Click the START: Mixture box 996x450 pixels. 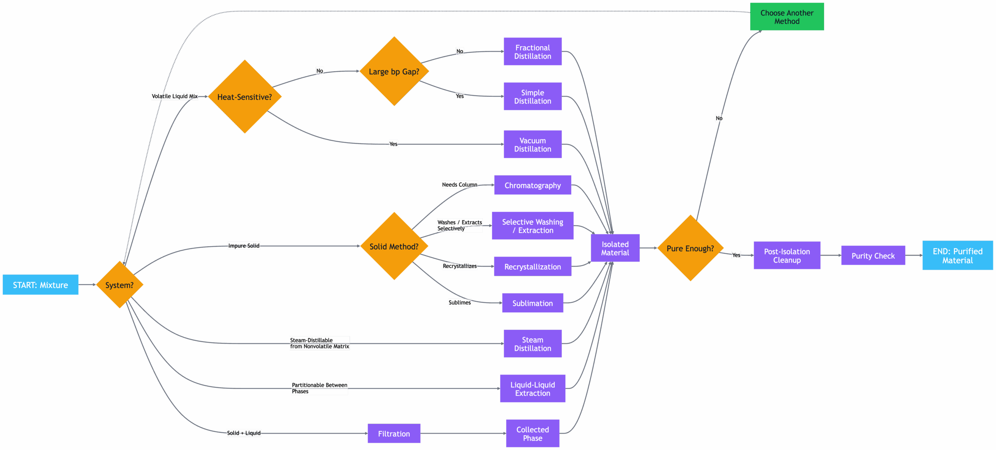40,285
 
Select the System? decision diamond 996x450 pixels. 119,285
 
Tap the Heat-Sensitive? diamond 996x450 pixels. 244,97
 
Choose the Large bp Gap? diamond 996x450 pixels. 394,72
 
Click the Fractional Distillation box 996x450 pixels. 532,52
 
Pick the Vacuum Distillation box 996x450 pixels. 532,145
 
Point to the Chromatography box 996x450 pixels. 532,185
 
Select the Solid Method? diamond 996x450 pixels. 394,246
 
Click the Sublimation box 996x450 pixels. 532,303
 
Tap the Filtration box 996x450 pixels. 394,433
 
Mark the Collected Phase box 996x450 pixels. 532,433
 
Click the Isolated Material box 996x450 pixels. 615,248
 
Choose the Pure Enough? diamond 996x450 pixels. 690,248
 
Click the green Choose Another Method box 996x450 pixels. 787,17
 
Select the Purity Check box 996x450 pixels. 873,256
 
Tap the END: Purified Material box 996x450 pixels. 957,256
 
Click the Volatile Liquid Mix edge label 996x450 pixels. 175,96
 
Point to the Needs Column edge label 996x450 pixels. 459,184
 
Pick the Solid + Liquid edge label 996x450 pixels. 244,433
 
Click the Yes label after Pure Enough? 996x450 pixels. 736,255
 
